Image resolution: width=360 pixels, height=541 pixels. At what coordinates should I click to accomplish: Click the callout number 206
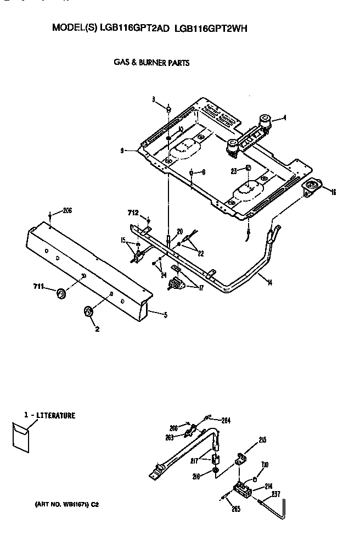pyautogui.click(x=67, y=210)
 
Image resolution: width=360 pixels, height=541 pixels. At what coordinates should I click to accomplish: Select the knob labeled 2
pyautogui.click(x=88, y=312)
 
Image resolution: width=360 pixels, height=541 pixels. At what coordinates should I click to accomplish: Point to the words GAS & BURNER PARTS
pyautogui.click(x=151, y=63)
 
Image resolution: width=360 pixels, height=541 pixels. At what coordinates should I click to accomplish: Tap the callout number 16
pyautogui.click(x=333, y=191)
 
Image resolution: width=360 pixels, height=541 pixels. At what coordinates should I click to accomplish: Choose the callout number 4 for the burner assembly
pyautogui.click(x=284, y=117)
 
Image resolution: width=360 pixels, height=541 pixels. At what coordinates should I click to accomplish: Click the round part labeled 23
pyautogui.click(x=248, y=168)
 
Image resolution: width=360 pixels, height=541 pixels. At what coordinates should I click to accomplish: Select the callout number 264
pyautogui.click(x=226, y=421)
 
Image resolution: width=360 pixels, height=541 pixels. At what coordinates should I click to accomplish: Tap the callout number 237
pyautogui.click(x=275, y=494)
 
